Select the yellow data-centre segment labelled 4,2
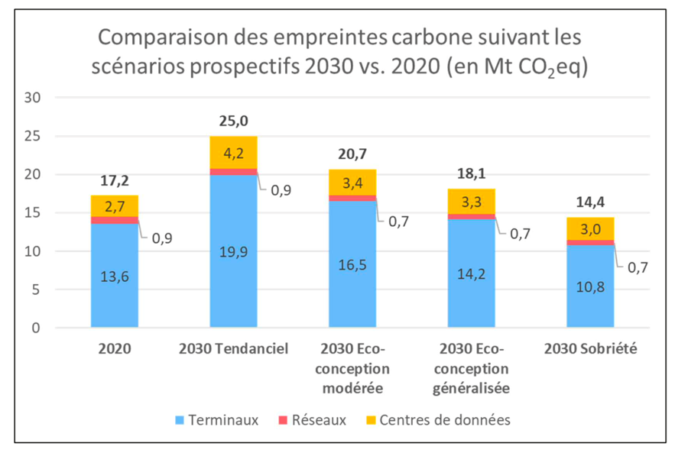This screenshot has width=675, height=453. point(233,152)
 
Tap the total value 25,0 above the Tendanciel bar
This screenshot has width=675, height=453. point(233,121)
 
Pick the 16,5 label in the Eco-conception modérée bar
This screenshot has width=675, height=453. point(352,264)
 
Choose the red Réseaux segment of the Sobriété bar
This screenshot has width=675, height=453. point(590,242)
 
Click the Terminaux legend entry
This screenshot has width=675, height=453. point(217,419)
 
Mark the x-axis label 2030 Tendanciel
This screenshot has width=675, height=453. point(233,349)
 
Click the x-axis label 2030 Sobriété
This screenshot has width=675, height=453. point(590,349)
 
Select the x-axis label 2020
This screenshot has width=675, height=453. point(114,349)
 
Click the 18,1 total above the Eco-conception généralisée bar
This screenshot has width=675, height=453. point(471,173)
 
